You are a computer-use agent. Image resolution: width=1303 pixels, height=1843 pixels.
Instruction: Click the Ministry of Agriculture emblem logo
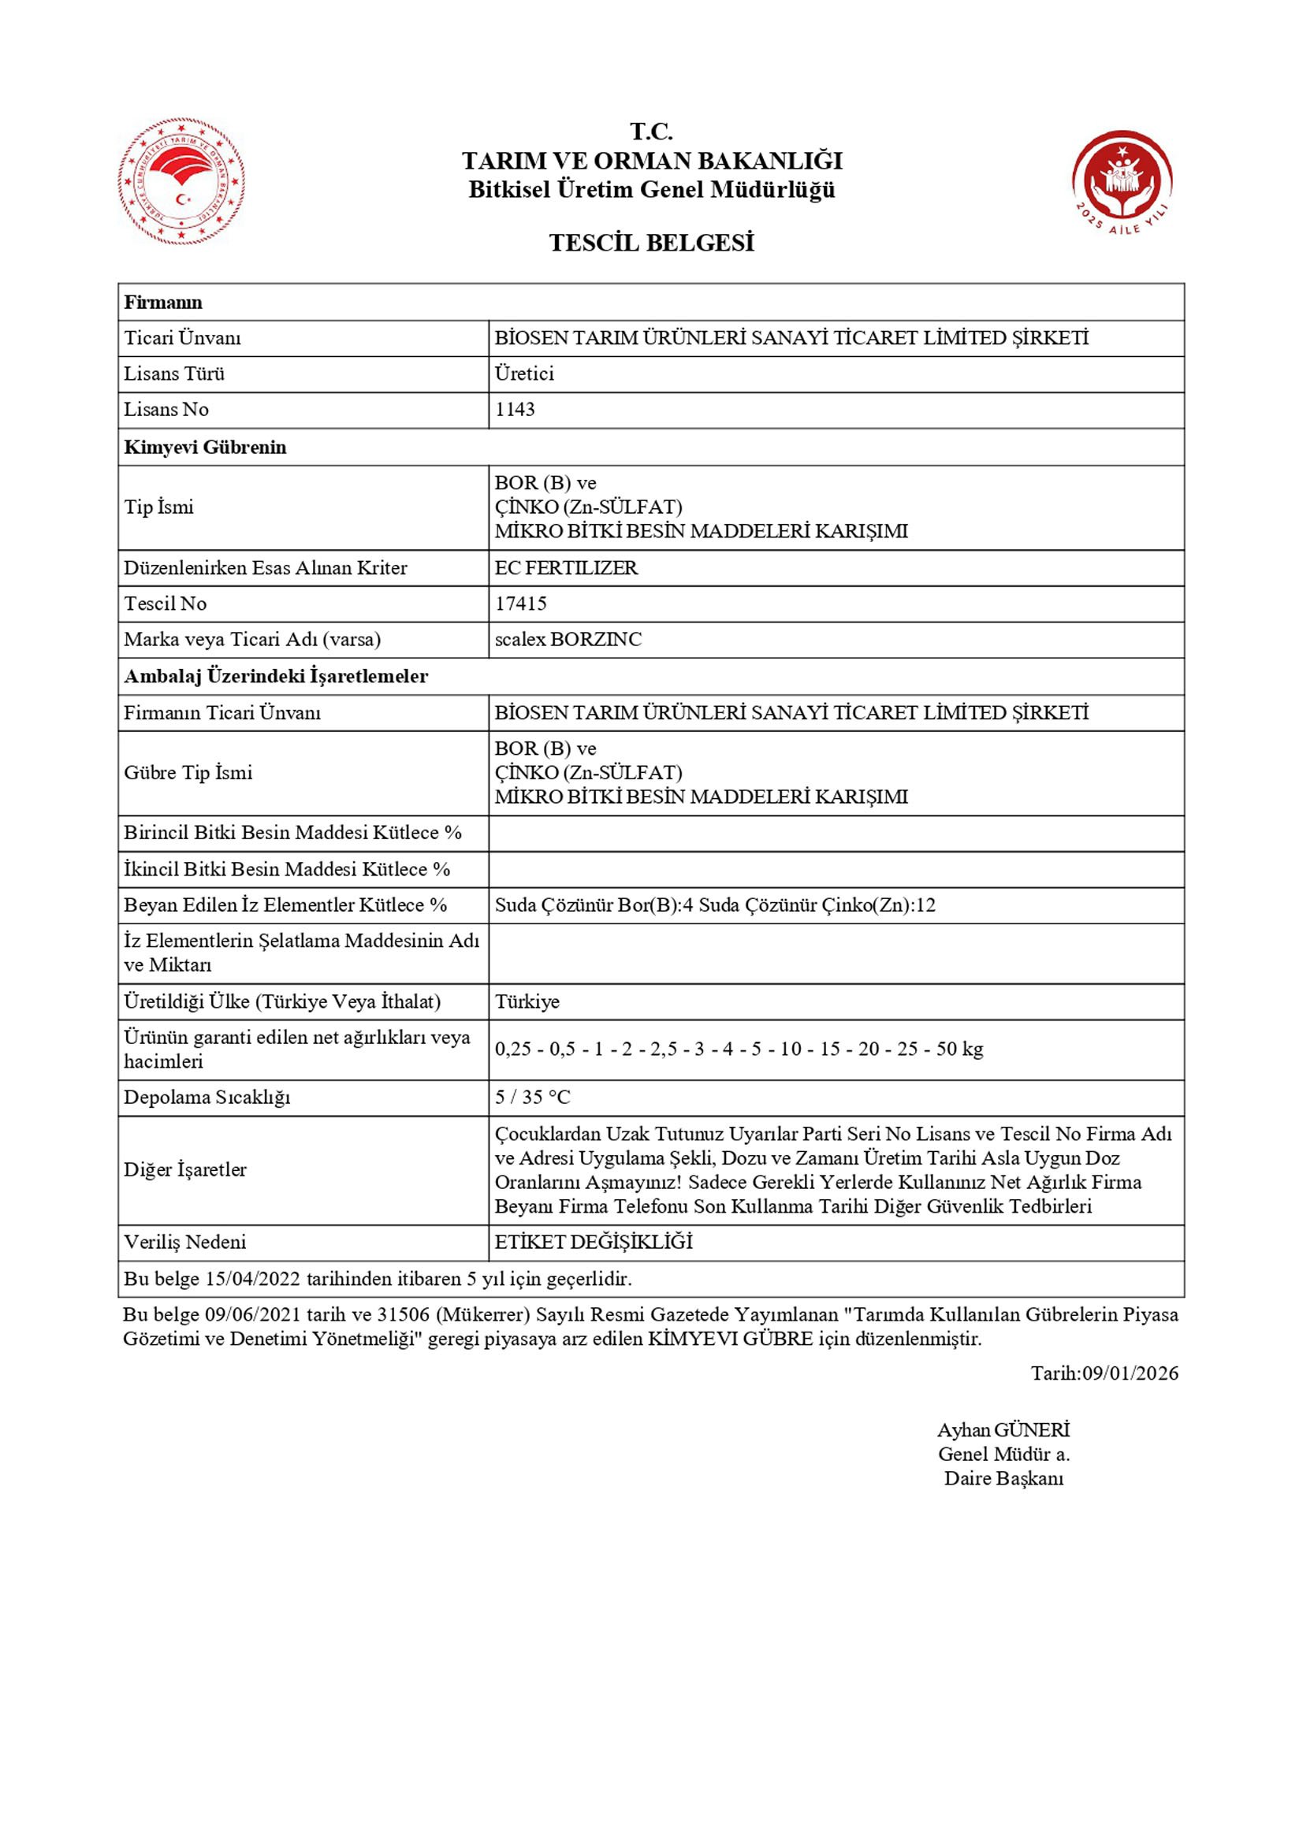pyautogui.click(x=181, y=181)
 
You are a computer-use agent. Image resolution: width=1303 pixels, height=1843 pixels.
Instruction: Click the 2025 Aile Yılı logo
pyautogui.click(x=1122, y=181)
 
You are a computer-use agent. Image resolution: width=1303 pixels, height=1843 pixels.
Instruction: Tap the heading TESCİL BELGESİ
pyautogui.click(x=651, y=243)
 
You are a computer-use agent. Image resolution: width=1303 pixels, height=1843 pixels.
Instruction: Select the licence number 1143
pyautogui.click(x=515, y=410)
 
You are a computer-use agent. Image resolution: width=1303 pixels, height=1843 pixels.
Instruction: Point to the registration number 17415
pyautogui.click(x=520, y=604)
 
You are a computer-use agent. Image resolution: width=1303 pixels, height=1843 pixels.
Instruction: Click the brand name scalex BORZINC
pyautogui.click(x=568, y=640)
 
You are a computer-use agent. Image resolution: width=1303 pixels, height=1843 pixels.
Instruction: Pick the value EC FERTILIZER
pyautogui.click(x=566, y=567)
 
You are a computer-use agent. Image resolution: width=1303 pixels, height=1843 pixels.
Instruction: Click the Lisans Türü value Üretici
pyautogui.click(x=524, y=373)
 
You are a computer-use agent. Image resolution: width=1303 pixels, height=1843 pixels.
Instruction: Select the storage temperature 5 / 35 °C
pyautogui.click(x=532, y=1098)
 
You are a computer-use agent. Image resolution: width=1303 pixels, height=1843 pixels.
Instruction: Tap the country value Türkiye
pyautogui.click(x=527, y=1001)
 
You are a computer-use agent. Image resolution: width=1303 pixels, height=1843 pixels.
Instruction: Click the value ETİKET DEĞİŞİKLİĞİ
pyautogui.click(x=594, y=1242)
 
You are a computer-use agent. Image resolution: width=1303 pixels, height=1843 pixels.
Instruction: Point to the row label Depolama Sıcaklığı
pyautogui.click(x=207, y=1098)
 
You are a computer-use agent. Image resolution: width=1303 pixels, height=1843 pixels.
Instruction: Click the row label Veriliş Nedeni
pyautogui.click(x=184, y=1242)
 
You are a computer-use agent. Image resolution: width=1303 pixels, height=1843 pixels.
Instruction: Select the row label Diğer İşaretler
pyautogui.click(x=184, y=1169)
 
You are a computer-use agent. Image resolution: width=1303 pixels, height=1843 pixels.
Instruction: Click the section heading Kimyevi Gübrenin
pyautogui.click(x=205, y=447)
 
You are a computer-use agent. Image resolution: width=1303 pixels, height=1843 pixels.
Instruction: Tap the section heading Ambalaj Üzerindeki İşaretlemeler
pyautogui.click(x=275, y=676)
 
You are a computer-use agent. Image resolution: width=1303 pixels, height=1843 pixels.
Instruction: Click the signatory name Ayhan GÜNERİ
pyautogui.click(x=1003, y=1429)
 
